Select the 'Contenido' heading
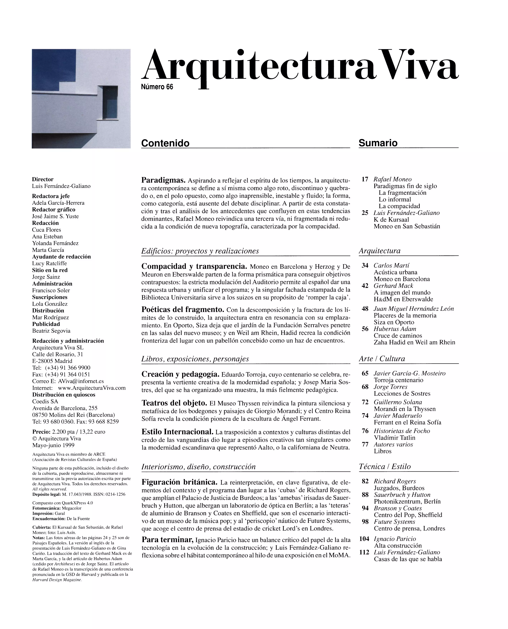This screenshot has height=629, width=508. click(x=165, y=143)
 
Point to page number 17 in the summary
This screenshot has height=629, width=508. click(x=365, y=179)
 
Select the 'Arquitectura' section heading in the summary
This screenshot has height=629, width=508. click(x=380, y=251)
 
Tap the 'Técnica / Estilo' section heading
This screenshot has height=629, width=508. click(x=385, y=467)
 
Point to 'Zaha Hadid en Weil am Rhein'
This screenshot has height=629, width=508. click(x=414, y=342)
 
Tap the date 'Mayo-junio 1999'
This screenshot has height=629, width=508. click(x=53, y=445)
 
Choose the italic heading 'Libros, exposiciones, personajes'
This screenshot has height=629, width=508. click(x=195, y=359)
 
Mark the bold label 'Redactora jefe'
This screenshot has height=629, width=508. click(x=51, y=196)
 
